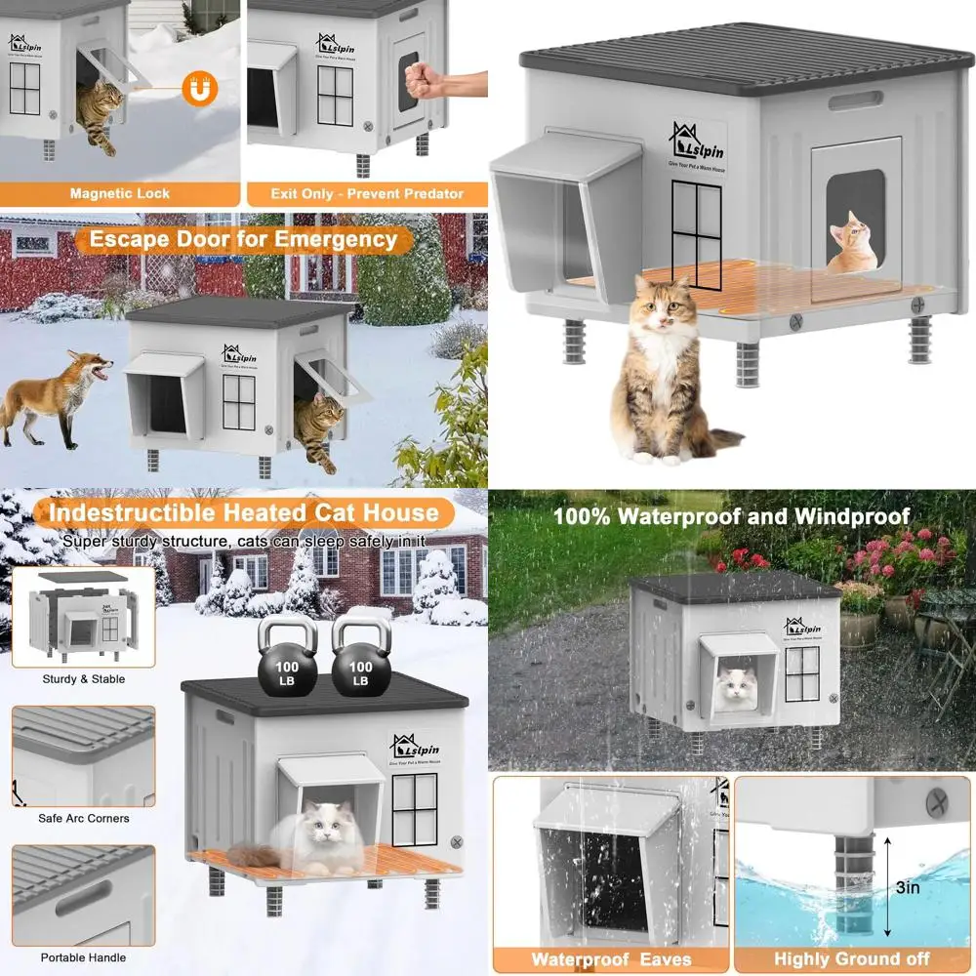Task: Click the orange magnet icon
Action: (x=202, y=90)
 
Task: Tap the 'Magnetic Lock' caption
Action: (x=120, y=193)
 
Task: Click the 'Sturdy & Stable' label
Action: (x=84, y=679)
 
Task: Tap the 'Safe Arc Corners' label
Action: (x=84, y=818)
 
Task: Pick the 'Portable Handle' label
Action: (x=84, y=957)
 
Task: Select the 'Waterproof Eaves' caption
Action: (x=611, y=959)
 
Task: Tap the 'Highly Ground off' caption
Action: (x=852, y=959)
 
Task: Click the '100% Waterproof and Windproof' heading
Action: (x=731, y=515)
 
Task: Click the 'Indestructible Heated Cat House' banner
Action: (x=244, y=512)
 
